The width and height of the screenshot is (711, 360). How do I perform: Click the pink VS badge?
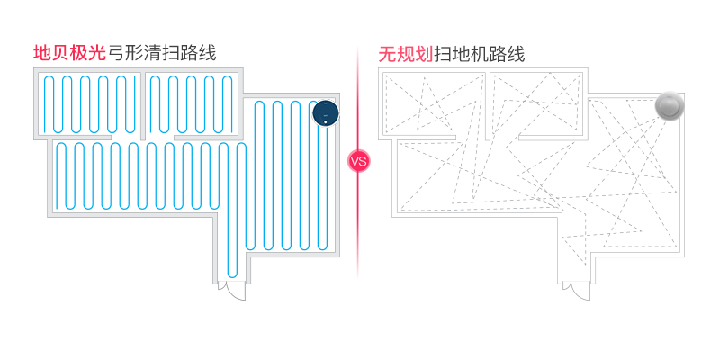coord(358,162)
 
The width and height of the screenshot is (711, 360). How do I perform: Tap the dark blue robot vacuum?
coord(325,113)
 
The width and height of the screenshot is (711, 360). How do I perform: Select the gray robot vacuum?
coord(669,106)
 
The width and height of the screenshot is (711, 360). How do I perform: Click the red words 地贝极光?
coord(69,53)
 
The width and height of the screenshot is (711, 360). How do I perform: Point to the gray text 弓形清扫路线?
coord(162,53)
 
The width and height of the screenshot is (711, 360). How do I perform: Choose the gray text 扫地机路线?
coord(479,55)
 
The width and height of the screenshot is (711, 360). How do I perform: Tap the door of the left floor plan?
coord(232,291)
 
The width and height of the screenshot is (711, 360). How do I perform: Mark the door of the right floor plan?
coord(579,291)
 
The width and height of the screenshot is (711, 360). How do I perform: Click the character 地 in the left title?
coord(41,53)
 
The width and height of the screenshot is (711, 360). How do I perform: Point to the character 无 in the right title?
coord(387,55)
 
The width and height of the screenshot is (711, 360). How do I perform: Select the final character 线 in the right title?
coord(516,55)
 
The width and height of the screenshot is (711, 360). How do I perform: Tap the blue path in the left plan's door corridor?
coord(232,261)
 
